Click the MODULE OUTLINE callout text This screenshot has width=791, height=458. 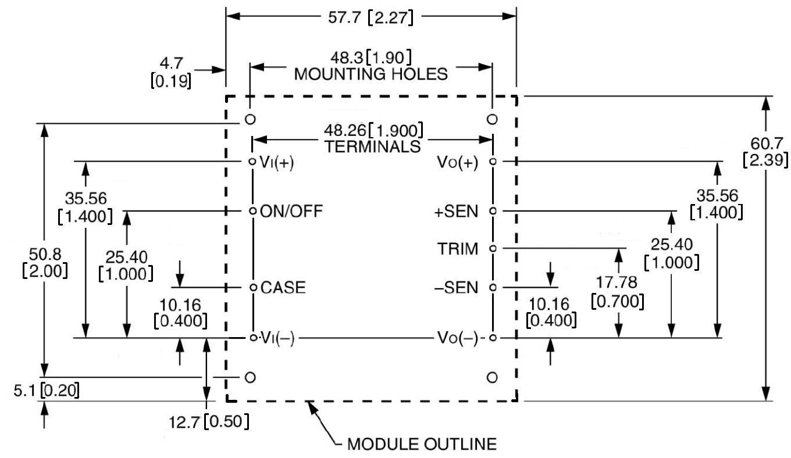(x=422, y=445)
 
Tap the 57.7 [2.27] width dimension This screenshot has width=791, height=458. (x=370, y=17)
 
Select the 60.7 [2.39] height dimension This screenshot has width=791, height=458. (x=765, y=151)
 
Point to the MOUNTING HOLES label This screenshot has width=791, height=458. (x=371, y=74)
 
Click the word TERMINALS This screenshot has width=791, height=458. (x=372, y=146)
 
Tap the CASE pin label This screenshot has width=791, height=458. (x=283, y=288)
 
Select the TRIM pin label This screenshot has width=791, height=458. (x=458, y=249)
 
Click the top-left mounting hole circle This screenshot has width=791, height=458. (x=250, y=119)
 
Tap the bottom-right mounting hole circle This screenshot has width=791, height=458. (x=492, y=378)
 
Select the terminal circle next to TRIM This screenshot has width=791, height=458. (x=493, y=249)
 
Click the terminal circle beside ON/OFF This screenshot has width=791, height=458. (x=252, y=211)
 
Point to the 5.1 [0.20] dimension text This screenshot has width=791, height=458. (x=46, y=390)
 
